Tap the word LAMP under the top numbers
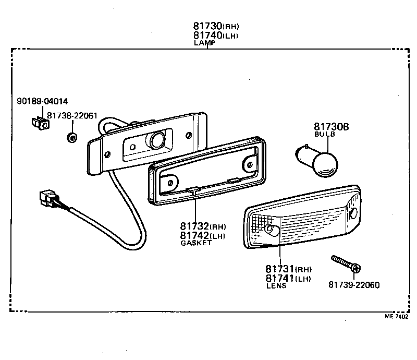pyautogui.click(x=204, y=43)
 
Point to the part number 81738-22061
pyautogui.click(x=72, y=116)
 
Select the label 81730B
pyautogui.click(x=332, y=127)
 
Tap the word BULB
pyautogui.click(x=324, y=135)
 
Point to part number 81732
pyautogui.click(x=195, y=227)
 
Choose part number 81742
pyautogui.click(x=195, y=236)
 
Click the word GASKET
pyautogui.click(x=196, y=244)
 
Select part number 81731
pyautogui.click(x=280, y=269)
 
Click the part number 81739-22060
pyautogui.click(x=353, y=285)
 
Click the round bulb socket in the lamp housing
pyautogui.click(x=156, y=140)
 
